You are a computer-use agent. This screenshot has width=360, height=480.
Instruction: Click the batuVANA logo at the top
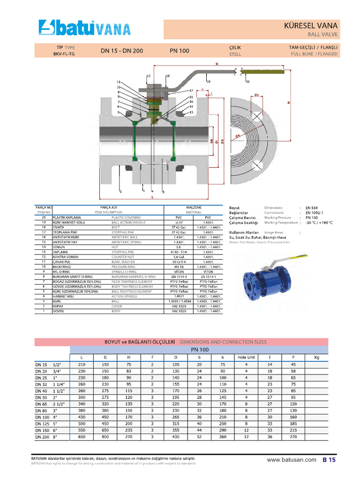point(85,29)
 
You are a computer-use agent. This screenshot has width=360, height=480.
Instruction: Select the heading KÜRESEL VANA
point(311,25)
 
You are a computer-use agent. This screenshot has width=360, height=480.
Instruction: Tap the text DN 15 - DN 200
point(121,51)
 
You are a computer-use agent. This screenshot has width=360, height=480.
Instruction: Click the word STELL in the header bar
point(235,54)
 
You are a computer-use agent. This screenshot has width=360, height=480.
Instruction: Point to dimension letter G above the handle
point(217,63)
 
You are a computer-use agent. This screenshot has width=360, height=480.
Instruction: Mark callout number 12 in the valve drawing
point(149,75)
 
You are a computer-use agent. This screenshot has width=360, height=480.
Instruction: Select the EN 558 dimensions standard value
point(312,208)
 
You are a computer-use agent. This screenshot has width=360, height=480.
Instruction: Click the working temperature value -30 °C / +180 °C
point(319,223)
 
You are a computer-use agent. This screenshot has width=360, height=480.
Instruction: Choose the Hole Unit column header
point(246,358)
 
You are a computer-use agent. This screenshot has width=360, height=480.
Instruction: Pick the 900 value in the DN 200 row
point(105,437)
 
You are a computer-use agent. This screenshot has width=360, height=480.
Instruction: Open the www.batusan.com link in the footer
point(291,460)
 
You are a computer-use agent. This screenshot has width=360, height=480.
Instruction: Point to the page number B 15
point(329,460)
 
